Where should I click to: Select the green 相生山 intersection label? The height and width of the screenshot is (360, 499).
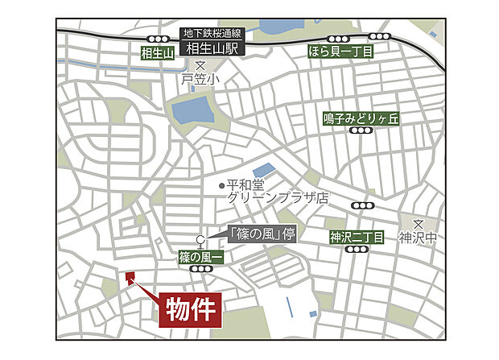pyautogui.click(x=156, y=54)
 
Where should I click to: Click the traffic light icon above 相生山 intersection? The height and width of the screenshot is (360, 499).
pyautogui.click(x=156, y=39)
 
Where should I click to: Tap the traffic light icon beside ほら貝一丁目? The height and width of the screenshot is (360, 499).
pyautogui.click(x=380, y=37)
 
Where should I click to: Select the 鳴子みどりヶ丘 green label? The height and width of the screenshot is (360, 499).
pyautogui.click(x=361, y=118)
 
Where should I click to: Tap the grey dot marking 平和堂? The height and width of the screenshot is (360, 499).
pyautogui.click(x=222, y=184)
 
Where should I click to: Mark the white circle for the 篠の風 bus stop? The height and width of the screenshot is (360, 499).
pyautogui.click(x=201, y=238)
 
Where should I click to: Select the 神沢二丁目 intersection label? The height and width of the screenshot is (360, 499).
pyautogui.click(x=357, y=237)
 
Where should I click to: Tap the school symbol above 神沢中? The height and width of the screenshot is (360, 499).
pyautogui.click(x=419, y=224)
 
